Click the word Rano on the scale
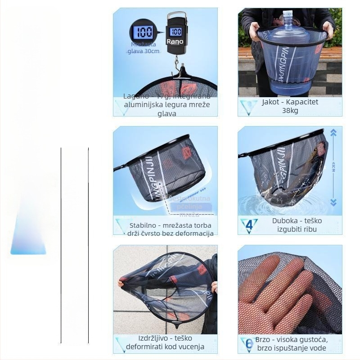(175, 41)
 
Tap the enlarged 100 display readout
(144, 32)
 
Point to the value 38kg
(290, 110)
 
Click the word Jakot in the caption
(272, 102)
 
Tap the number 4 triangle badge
(248, 225)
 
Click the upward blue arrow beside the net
(333, 133)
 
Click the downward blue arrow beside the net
(333, 202)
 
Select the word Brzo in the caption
(263, 340)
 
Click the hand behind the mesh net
(279, 292)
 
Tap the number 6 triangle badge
(248, 344)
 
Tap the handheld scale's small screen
(175, 32)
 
